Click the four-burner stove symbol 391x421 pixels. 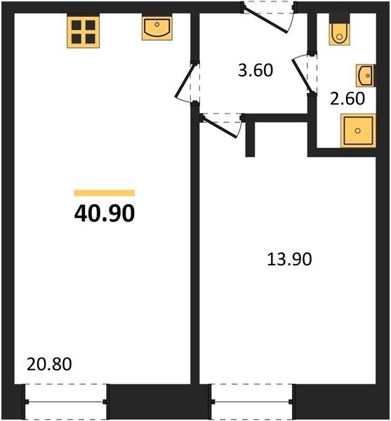pos(84,32)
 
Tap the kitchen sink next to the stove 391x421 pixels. pos(157,28)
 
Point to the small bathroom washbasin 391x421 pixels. pos(366,76)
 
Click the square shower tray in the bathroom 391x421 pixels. pos(358,131)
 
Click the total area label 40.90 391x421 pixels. pos(105,213)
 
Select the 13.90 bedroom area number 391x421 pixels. pos(289,260)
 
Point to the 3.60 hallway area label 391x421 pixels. pos(256,70)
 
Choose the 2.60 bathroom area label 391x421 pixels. pos(347,98)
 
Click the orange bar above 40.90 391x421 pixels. pos(105,193)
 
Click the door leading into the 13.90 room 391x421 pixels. pos(220,127)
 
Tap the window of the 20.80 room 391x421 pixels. pos(66,401)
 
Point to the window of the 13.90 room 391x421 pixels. pos(251,401)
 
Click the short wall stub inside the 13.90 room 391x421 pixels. pos(250,139)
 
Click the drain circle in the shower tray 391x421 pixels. pos(358,131)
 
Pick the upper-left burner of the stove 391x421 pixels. pos(77,25)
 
